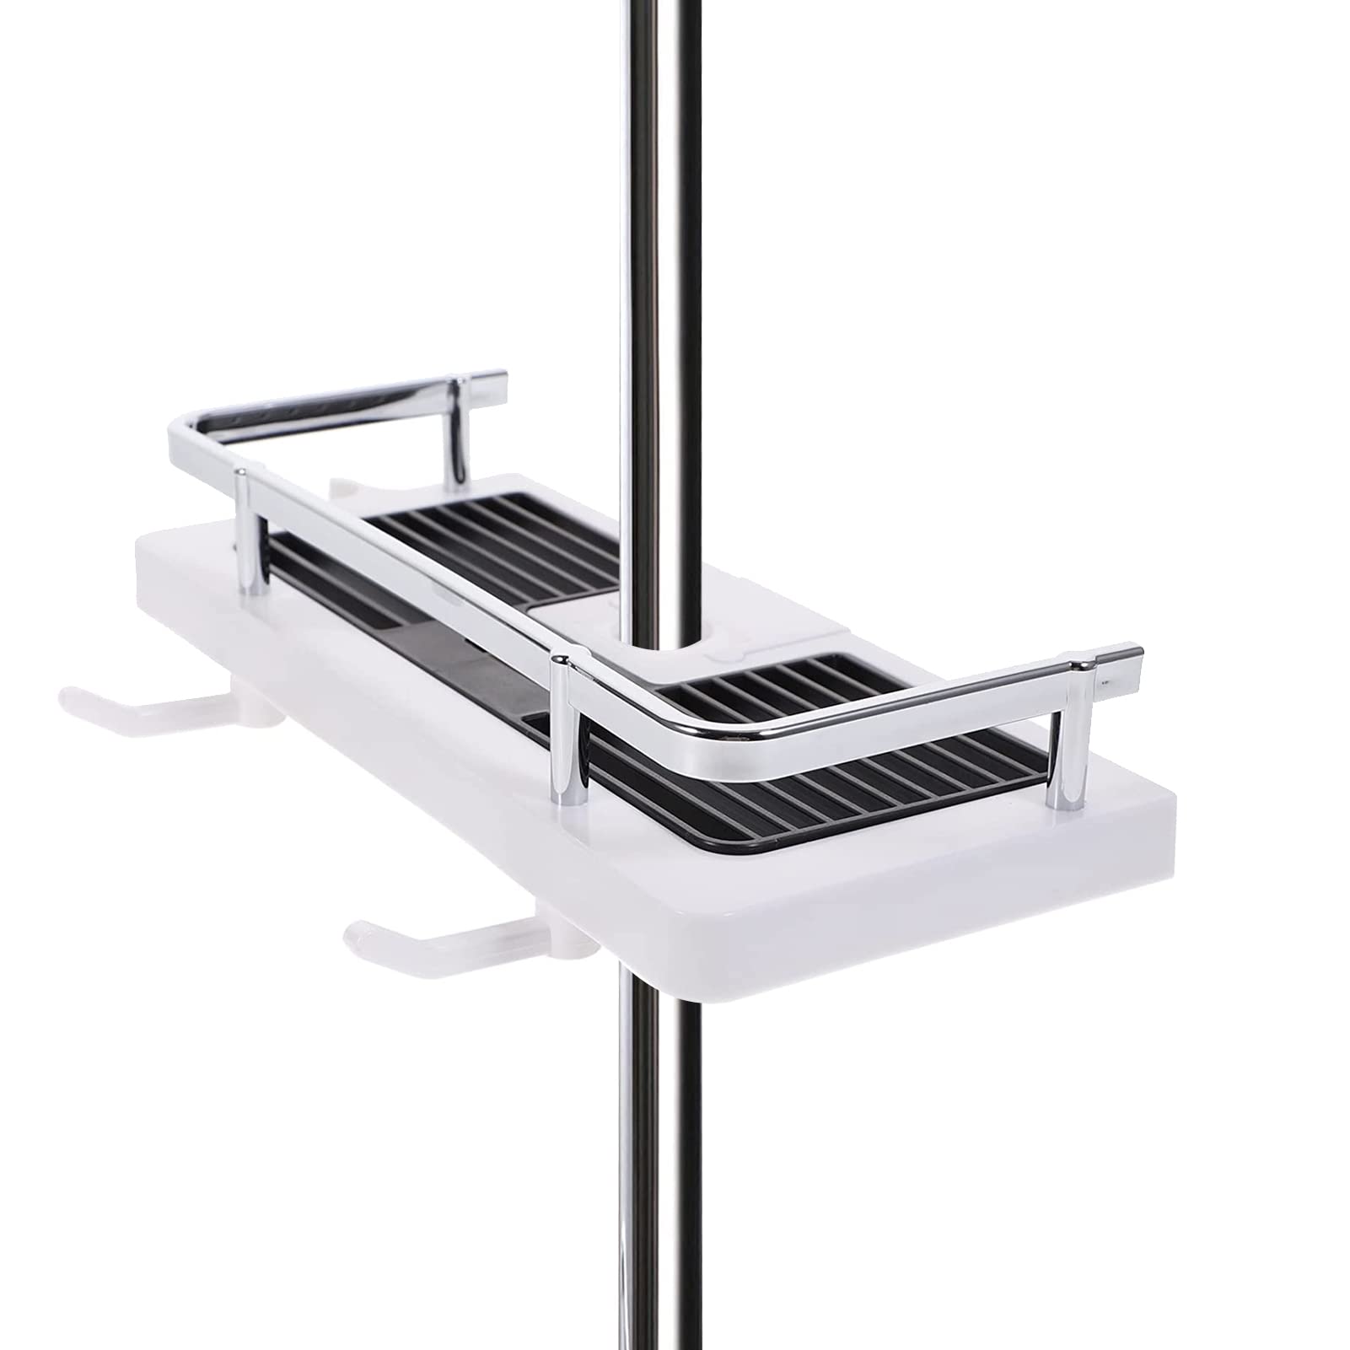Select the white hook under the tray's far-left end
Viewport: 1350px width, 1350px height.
point(143,700)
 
